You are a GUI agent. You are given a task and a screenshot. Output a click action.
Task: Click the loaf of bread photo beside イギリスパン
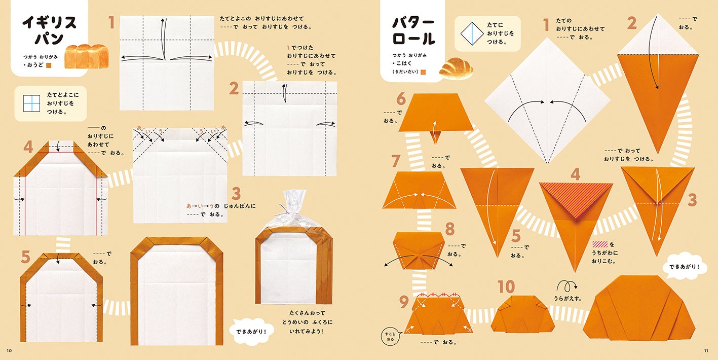point(87,56)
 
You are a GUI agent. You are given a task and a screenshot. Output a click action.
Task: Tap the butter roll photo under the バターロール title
point(456,68)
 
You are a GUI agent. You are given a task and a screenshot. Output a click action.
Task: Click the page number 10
point(9,350)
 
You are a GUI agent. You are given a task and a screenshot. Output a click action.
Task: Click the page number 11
point(706,350)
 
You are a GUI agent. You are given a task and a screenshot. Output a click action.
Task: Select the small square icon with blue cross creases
point(31,103)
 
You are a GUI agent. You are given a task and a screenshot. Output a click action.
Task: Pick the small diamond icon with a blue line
point(472,33)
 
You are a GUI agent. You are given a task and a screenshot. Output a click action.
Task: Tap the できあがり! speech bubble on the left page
point(251,332)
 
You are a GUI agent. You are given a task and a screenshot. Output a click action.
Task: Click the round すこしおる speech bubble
point(390,336)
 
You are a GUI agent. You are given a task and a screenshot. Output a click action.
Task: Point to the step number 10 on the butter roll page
point(506,286)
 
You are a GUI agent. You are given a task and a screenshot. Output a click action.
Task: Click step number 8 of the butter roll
point(450,229)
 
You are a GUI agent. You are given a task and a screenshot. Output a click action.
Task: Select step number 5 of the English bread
point(25,257)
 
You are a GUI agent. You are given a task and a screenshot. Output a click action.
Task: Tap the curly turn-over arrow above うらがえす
point(566,285)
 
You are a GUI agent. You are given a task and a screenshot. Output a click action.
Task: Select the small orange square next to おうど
point(49,65)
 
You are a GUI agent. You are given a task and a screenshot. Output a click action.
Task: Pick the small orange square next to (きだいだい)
point(423,72)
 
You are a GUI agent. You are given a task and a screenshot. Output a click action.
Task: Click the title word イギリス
point(49,23)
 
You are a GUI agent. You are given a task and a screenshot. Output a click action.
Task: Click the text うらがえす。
point(568,299)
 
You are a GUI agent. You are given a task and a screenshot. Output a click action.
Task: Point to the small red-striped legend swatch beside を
point(600,244)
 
